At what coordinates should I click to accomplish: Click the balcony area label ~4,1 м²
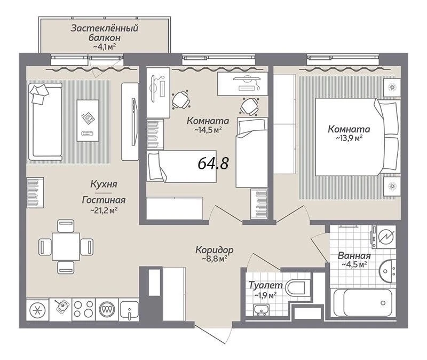click(x=105, y=47)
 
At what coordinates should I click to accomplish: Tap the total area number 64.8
click(x=213, y=163)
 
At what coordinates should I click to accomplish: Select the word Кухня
click(x=104, y=184)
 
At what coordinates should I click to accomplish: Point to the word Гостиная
click(x=104, y=200)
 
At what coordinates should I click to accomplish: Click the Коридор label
click(x=215, y=249)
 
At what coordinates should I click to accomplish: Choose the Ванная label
click(x=354, y=256)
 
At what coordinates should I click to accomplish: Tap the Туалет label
click(x=266, y=285)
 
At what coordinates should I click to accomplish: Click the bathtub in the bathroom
click(x=363, y=302)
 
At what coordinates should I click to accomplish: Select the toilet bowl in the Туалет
click(x=295, y=287)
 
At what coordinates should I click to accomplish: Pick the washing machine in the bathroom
click(x=383, y=237)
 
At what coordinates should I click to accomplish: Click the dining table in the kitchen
click(x=66, y=246)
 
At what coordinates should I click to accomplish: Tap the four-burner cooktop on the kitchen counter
click(x=84, y=309)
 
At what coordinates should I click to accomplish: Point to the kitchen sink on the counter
click(x=129, y=310)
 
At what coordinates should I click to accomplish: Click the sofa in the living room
click(x=45, y=122)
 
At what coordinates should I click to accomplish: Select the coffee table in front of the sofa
click(x=88, y=120)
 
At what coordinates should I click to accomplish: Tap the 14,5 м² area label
click(x=208, y=130)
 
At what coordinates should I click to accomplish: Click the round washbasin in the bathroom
click(x=388, y=271)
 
